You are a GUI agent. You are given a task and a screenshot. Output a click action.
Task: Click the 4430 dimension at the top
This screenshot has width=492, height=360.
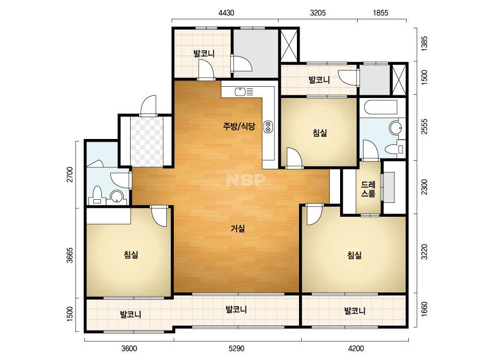[226, 13]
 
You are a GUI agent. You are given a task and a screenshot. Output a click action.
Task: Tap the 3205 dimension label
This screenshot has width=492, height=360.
[318, 13]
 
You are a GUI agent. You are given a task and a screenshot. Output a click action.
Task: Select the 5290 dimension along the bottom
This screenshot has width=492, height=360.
[236, 348]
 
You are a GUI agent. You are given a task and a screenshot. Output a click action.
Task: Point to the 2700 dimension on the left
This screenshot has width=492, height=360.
[70, 174]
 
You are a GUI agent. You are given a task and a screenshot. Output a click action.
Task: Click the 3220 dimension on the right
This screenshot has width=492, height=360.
[424, 251]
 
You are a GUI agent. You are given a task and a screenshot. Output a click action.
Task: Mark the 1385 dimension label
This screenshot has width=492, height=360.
[424, 44]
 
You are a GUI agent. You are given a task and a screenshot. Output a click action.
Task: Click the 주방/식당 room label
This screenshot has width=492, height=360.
[239, 126]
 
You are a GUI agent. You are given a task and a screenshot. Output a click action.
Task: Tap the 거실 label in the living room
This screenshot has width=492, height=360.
[238, 228]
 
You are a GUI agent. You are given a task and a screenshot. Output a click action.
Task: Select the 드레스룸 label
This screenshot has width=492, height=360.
[368, 189]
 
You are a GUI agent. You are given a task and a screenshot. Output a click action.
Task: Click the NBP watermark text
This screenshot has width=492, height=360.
[246, 180]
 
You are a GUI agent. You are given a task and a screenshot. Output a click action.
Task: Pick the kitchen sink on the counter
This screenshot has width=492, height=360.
[240, 92]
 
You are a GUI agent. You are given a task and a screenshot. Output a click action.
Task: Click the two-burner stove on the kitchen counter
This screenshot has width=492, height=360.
[268, 127]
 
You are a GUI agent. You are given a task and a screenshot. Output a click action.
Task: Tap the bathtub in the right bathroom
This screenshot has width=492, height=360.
[381, 107]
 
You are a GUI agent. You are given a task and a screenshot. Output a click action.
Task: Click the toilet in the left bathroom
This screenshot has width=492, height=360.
[97, 195]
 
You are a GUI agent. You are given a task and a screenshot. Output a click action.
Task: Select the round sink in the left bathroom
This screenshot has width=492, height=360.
[117, 197]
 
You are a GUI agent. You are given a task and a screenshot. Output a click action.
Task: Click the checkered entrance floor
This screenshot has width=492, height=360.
[147, 142]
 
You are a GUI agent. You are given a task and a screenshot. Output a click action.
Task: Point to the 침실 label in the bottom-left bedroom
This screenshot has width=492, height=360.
[131, 255]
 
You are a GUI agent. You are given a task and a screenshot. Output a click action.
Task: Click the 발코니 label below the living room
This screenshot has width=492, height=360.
[236, 309]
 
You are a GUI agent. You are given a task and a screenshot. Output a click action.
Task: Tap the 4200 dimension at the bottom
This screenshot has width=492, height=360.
[356, 348]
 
